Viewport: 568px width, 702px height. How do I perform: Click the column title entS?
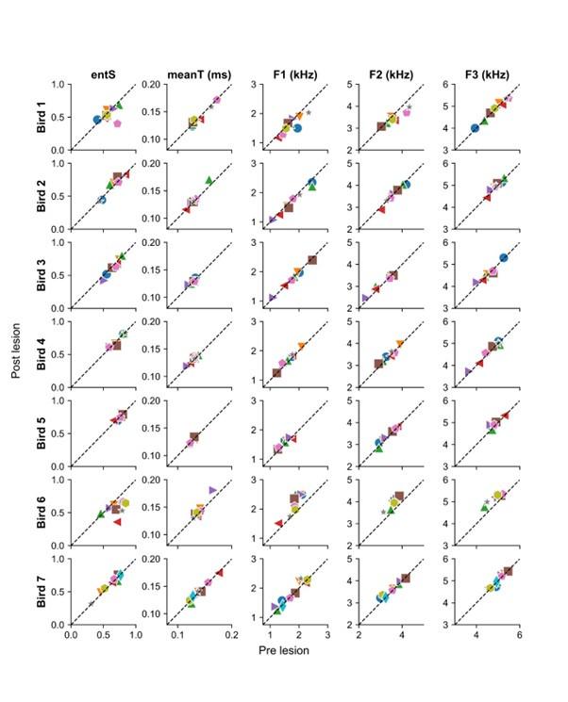coord(103,73)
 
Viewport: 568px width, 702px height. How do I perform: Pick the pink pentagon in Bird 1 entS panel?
coord(118,123)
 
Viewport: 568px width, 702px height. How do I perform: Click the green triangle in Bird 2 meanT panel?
coord(209,180)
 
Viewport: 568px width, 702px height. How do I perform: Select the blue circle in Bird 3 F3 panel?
coord(504,257)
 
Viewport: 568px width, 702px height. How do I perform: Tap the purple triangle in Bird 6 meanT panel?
coord(213,489)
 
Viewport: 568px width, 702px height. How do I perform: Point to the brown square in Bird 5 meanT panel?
coord(194,437)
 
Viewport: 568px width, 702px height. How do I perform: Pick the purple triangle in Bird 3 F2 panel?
coord(365,298)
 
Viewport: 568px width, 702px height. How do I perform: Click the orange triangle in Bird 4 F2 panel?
coord(400,344)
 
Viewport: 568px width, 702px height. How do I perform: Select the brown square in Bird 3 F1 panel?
coord(312,260)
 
